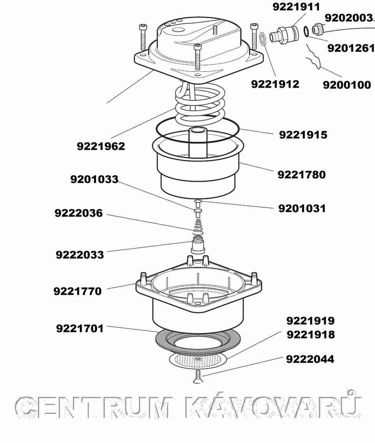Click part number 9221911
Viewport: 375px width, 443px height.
pos(296,7)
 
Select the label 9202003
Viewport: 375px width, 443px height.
pos(349,18)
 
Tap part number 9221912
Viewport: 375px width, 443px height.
pos(275,84)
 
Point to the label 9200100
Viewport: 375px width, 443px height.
pos(347,85)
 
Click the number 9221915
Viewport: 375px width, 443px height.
pos(303,135)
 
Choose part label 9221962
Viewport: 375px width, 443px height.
pos(101,146)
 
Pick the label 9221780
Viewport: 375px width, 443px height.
pos(302,175)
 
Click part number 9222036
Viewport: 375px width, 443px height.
pos(79,213)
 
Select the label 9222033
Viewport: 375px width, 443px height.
pos(80,254)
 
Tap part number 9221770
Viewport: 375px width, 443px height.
pos(77,291)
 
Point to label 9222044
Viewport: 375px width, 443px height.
pos(310,359)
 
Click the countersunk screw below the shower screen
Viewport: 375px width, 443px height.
pos(198,377)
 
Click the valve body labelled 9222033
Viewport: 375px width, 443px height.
pos(198,245)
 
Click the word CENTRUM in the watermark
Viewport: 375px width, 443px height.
pos(94,407)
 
